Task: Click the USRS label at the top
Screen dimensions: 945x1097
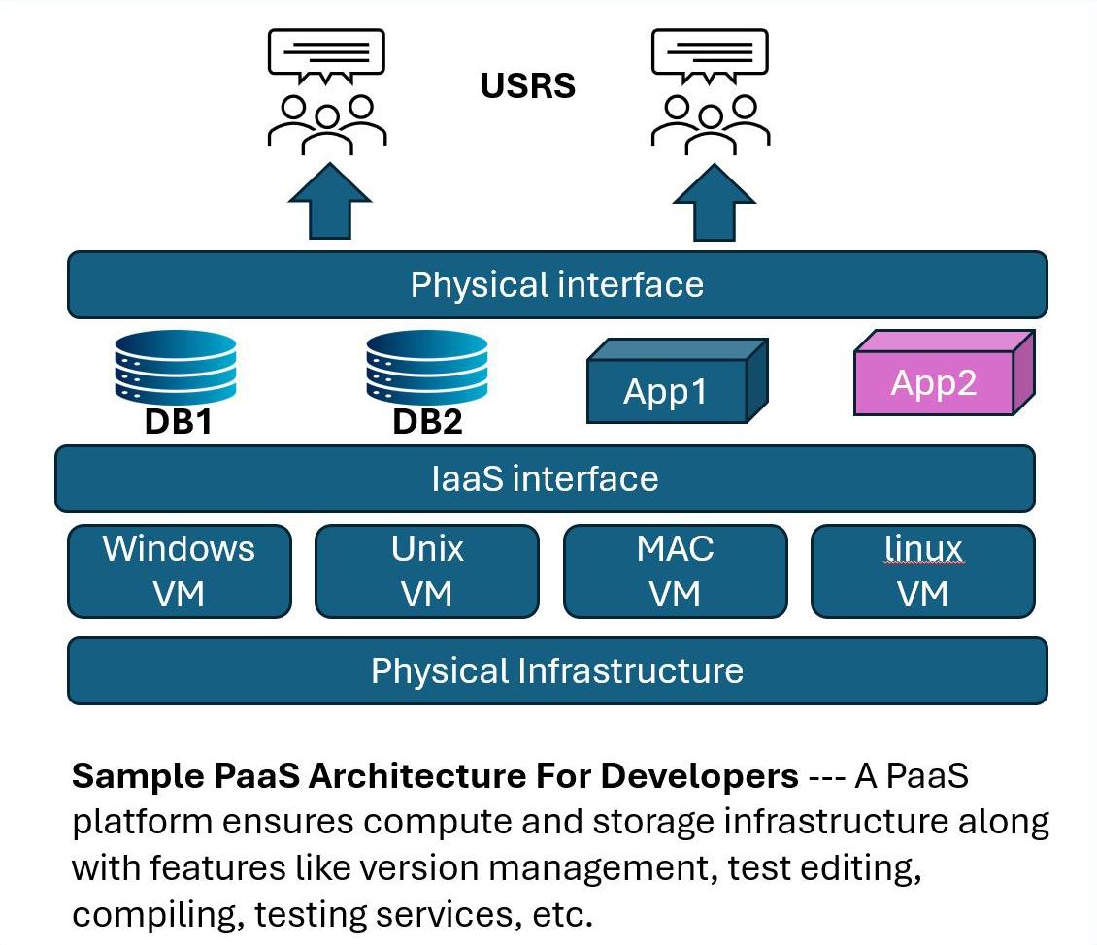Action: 528,85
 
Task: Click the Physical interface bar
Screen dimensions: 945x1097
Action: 557,285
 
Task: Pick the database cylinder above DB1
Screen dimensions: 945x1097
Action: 176,370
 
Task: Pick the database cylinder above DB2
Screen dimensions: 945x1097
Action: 426,370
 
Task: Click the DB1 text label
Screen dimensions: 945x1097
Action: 177,423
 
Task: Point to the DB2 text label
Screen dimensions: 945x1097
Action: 427,423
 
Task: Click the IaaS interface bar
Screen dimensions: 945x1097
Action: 545,478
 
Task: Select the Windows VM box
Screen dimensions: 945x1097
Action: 179,570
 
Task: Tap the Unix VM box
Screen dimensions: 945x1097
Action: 427,570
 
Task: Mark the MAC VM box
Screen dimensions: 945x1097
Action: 675,570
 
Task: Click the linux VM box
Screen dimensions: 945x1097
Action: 922,570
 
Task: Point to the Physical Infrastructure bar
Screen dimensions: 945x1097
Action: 557,670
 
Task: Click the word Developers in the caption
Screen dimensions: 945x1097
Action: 700,777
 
